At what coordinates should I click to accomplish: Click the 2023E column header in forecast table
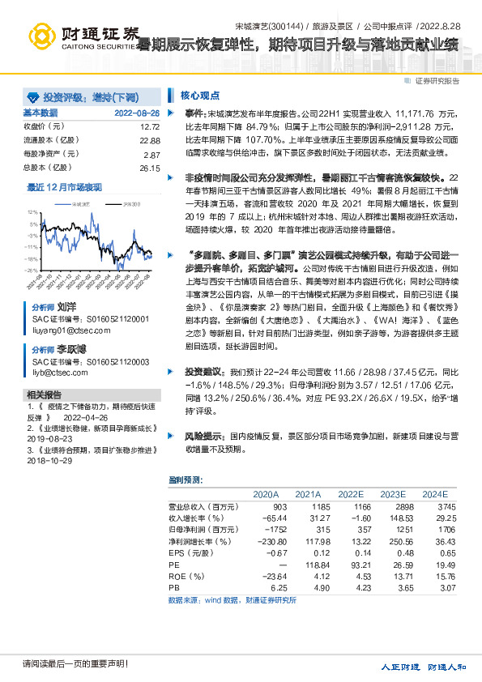[392, 493]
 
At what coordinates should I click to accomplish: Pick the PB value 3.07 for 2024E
[437, 586]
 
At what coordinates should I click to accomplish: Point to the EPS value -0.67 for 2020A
[267, 552]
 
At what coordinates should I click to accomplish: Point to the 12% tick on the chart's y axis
[32, 211]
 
